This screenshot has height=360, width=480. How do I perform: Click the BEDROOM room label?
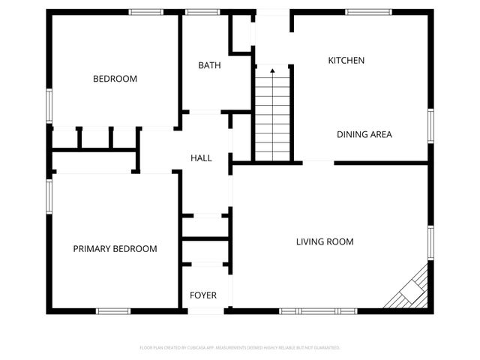[115, 79]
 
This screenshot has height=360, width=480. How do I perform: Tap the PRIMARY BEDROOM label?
[115, 249]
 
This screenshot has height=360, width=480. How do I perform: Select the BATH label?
[209, 65]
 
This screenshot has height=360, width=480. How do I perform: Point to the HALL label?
[201, 158]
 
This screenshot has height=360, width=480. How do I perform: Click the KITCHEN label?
[346, 60]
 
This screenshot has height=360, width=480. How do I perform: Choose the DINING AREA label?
[364, 135]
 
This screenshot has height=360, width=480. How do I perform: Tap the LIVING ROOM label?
[325, 241]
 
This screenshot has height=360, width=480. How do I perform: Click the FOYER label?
[202, 295]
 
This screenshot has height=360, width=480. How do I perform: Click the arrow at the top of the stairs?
[272, 71]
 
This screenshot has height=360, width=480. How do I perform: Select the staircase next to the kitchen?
[272, 116]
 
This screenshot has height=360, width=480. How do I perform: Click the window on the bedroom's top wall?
[145, 12]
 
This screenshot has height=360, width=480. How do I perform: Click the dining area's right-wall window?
[430, 124]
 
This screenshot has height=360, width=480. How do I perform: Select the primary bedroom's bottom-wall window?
[112, 310]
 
